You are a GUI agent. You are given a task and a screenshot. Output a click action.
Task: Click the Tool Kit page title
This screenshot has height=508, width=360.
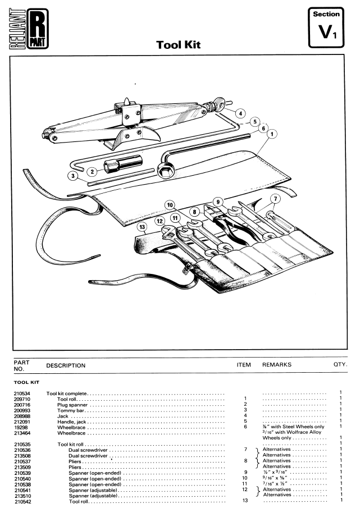click(x=178, y=45)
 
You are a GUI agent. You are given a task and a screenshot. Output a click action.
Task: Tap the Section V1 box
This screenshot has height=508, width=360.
click(x=326, y=27)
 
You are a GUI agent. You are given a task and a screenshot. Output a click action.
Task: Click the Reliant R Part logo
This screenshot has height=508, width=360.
click(x=29, y=29)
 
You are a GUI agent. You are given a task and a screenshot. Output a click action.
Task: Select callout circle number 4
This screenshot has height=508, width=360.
click(x=240, y=113)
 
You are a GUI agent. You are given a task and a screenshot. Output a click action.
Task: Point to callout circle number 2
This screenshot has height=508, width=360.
click(x=92, y=171)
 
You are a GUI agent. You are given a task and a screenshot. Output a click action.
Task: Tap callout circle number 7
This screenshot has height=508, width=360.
click(x=275, y=199)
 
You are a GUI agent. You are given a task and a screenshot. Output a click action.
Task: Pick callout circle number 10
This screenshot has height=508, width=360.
click(x=170, y=205)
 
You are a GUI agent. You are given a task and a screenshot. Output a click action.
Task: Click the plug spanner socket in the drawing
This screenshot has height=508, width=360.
click(x=123, y=163)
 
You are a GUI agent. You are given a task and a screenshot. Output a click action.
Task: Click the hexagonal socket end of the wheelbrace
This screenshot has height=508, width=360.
click(x=165, y=170)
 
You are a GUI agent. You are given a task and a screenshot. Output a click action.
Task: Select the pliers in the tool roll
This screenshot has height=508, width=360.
click(x=227, y=223)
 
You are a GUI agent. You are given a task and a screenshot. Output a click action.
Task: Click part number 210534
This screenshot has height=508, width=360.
click(x=22, y=393)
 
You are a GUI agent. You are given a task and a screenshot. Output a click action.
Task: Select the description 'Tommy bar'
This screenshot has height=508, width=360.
click(x=71, y=410)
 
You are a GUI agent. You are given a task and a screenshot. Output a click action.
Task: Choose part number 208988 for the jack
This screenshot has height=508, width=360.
click(x=22, y=417)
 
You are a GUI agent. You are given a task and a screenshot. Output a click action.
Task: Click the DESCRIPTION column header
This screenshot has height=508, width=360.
click(x=66, y=365)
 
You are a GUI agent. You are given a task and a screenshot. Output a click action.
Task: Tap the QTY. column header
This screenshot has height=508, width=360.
click(x=340, y=364)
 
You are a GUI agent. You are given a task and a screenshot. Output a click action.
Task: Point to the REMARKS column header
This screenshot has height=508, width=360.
click(x=277, y=365)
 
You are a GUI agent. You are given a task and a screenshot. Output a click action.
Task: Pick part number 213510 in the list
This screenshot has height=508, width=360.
click(x=22, y=496)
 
